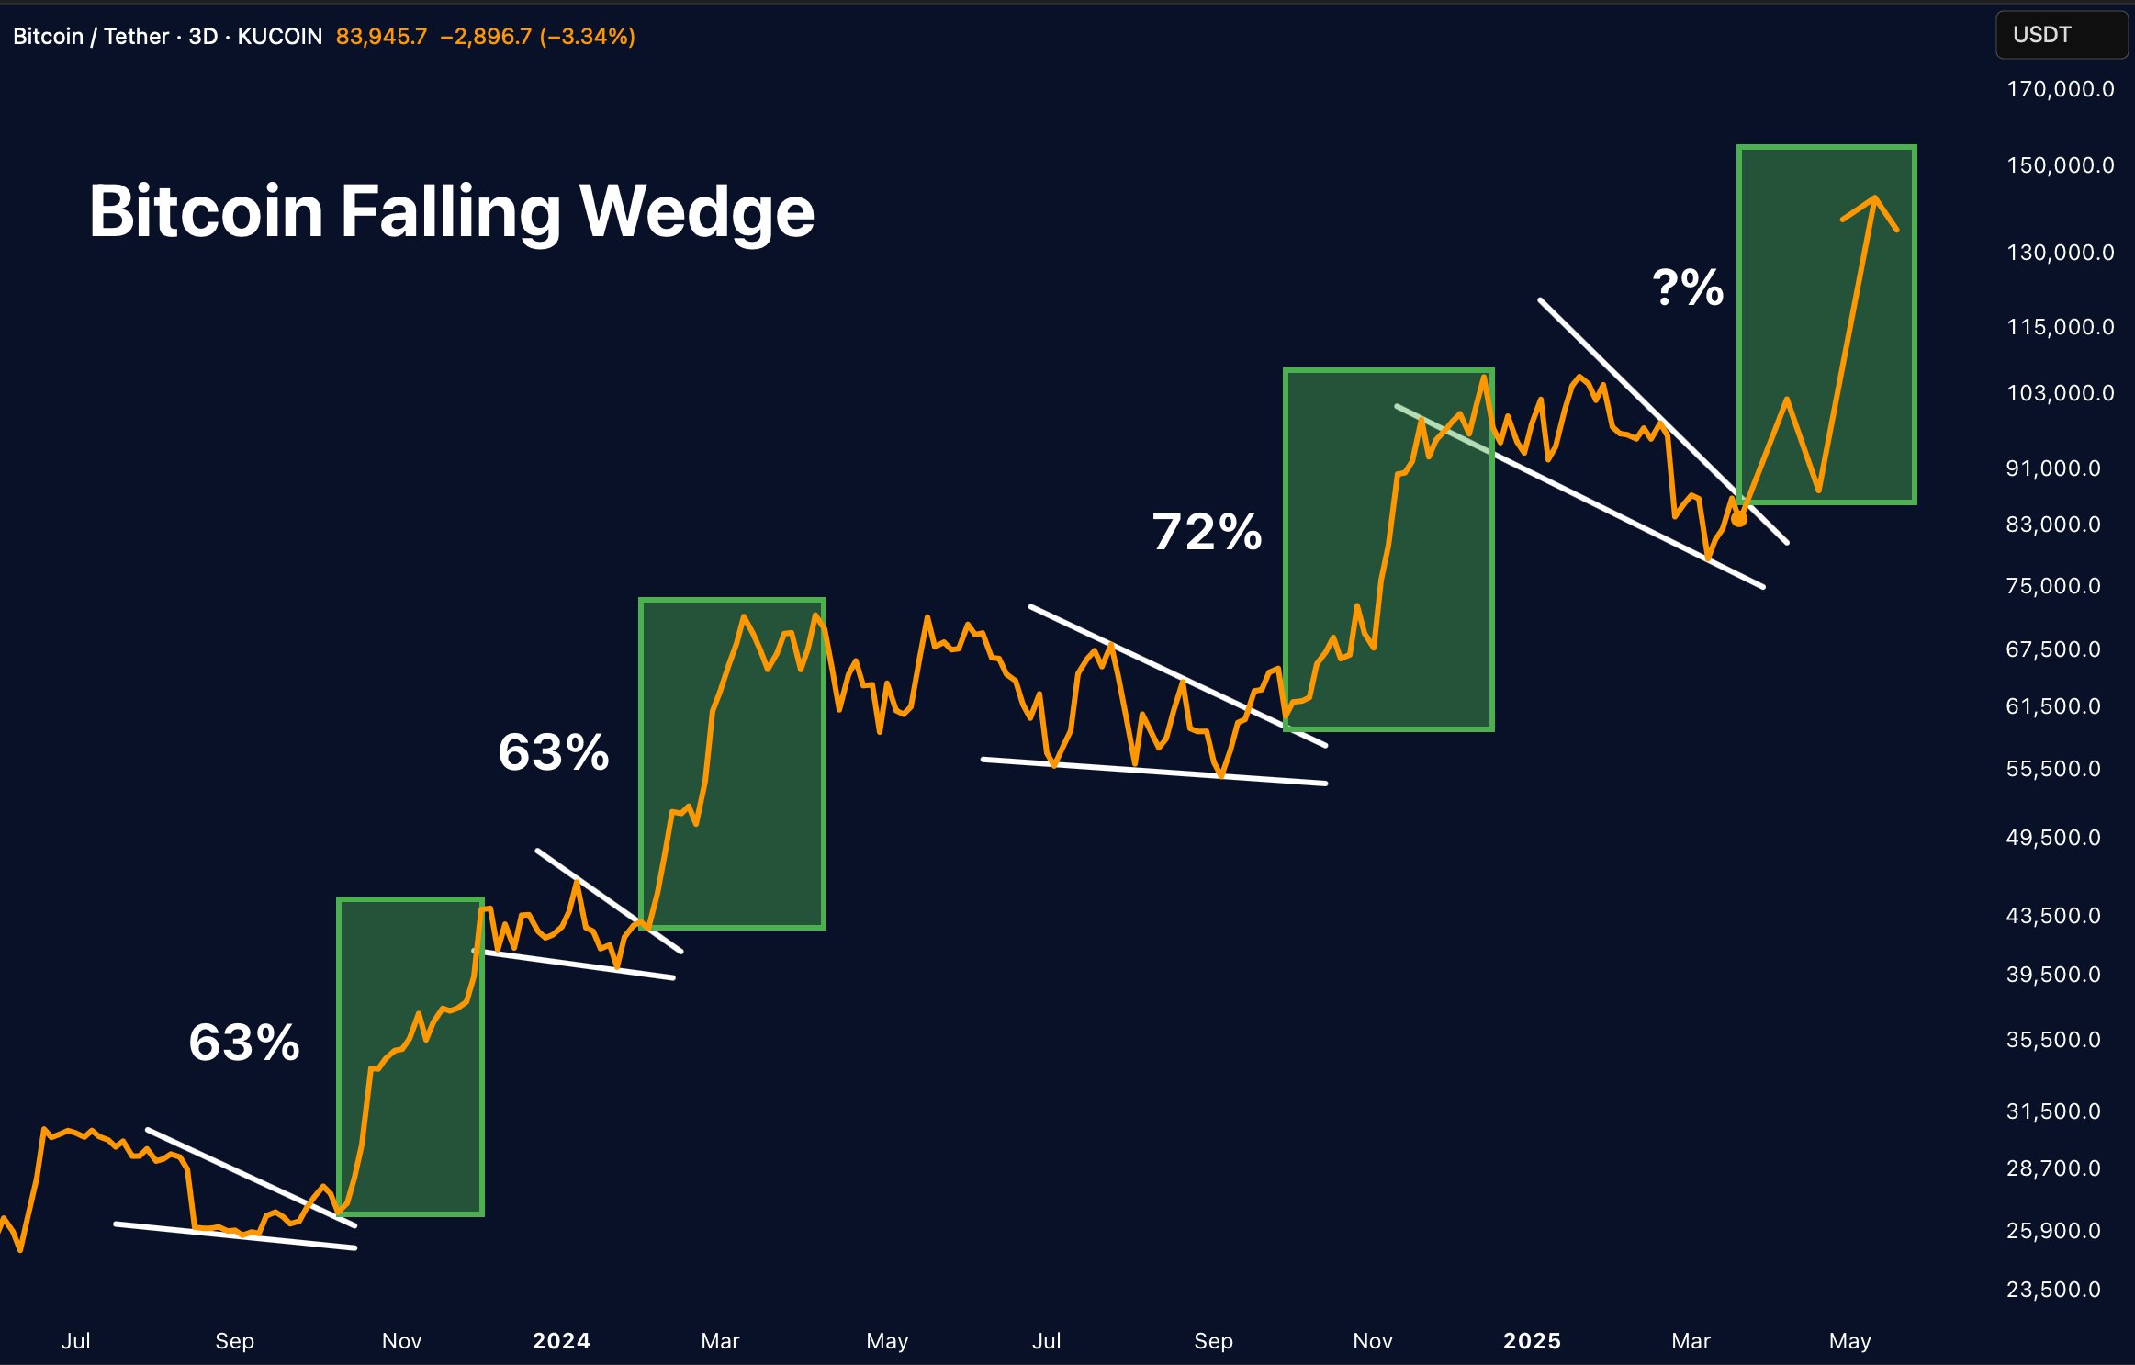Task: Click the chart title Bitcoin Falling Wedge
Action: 451,211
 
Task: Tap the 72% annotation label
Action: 1207,532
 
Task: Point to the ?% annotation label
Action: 1687,288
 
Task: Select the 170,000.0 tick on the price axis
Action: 2060,89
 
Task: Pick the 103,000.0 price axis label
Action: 2060,393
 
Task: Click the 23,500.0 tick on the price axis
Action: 2053,1290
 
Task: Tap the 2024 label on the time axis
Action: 561,1341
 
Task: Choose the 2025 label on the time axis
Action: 1532,1341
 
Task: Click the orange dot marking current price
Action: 1739,520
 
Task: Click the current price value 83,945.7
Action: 381,37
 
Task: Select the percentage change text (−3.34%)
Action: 588,37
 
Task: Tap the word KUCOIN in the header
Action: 280,37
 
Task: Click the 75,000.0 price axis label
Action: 2053,586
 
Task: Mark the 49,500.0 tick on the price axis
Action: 2053,838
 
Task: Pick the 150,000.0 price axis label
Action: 2060,165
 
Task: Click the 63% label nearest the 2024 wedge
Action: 553,752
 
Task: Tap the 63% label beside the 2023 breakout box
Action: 244,1043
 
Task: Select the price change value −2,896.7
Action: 486,37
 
